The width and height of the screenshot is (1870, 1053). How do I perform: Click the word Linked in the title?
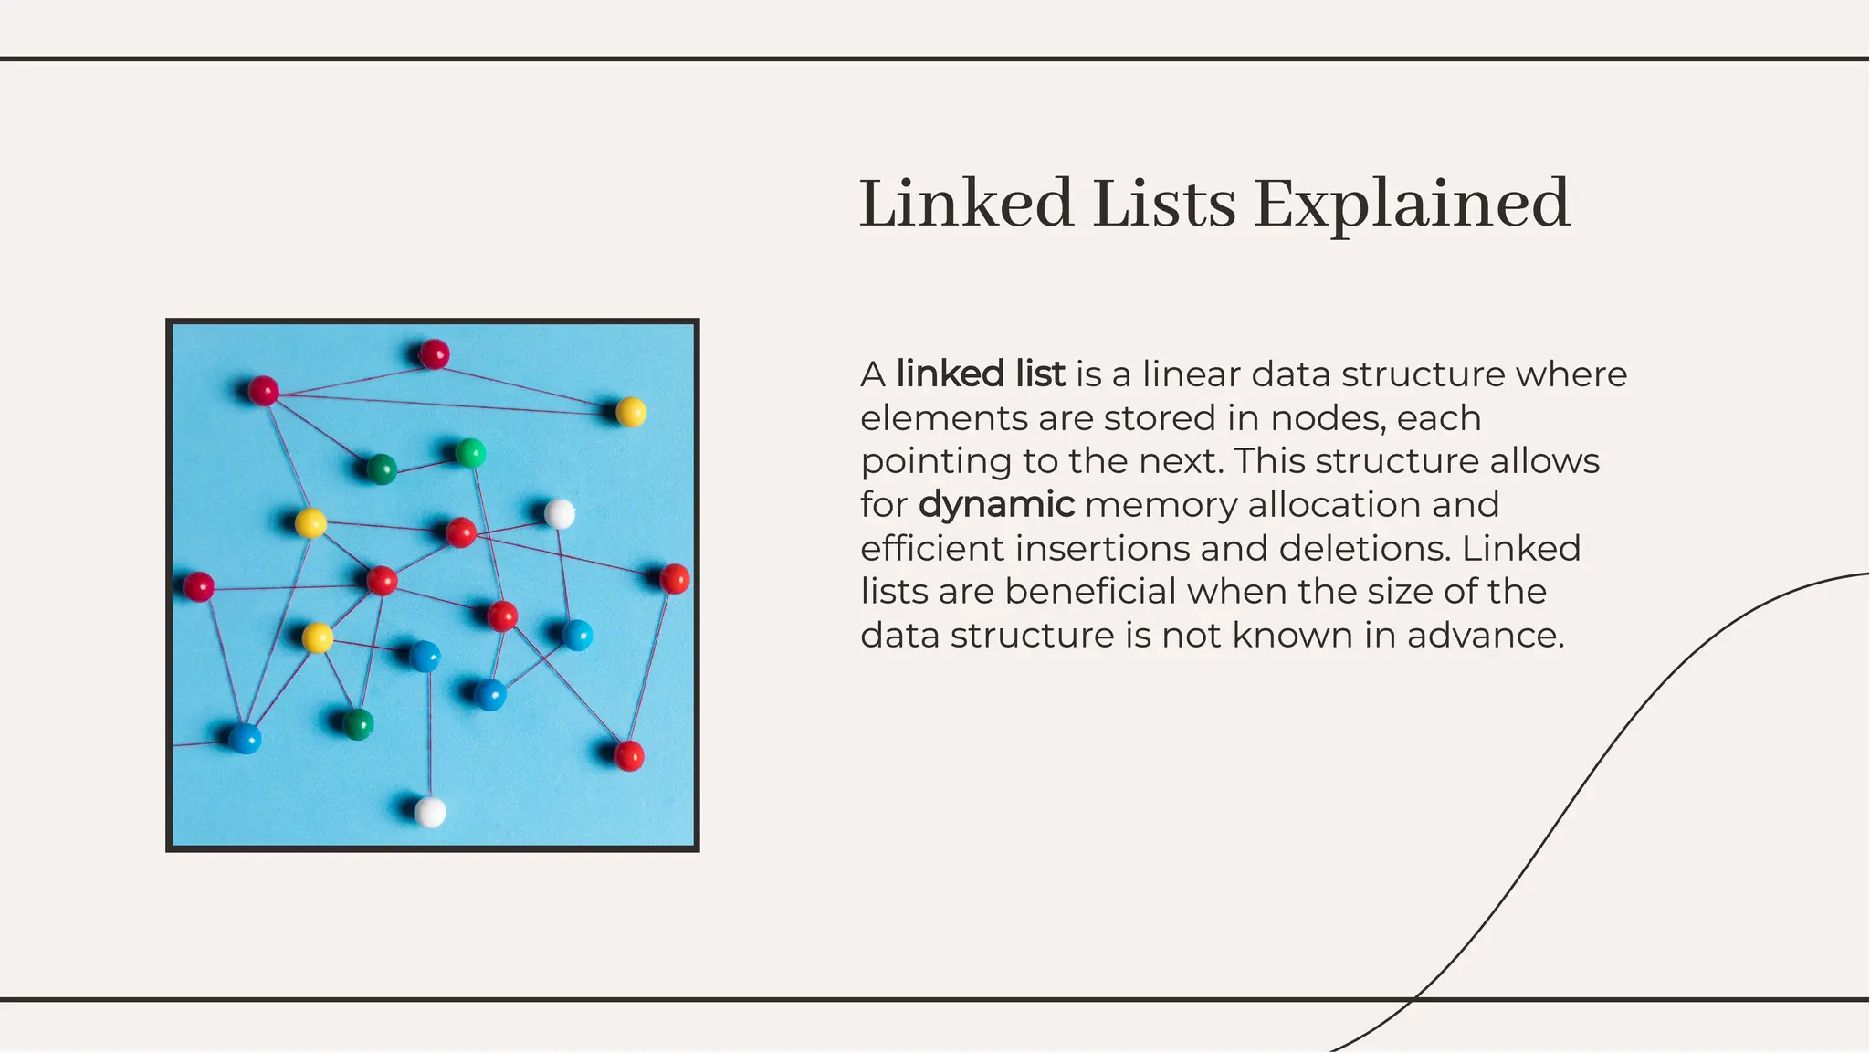point(966,204)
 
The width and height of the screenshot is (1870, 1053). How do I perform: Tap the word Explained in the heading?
point(1412,204)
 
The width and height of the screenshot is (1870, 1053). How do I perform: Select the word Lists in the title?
point(1164,204)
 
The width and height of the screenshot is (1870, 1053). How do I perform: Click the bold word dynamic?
point(996,505)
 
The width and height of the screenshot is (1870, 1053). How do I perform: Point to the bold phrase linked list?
point(981,374)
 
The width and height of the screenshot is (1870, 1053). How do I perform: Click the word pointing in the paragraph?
point(936,462)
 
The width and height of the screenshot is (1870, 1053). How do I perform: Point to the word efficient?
point(932,549)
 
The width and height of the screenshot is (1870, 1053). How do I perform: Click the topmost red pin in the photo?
point(434,353)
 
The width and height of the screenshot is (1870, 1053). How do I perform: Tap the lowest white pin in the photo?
point(430,811)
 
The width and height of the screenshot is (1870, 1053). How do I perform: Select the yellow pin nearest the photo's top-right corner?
point(631,412)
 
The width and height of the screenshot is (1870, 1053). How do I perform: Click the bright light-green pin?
point(470,452)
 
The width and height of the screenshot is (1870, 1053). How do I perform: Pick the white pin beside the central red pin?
point(560,513)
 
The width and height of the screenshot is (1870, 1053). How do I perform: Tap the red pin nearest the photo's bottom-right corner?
point(629,755)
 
